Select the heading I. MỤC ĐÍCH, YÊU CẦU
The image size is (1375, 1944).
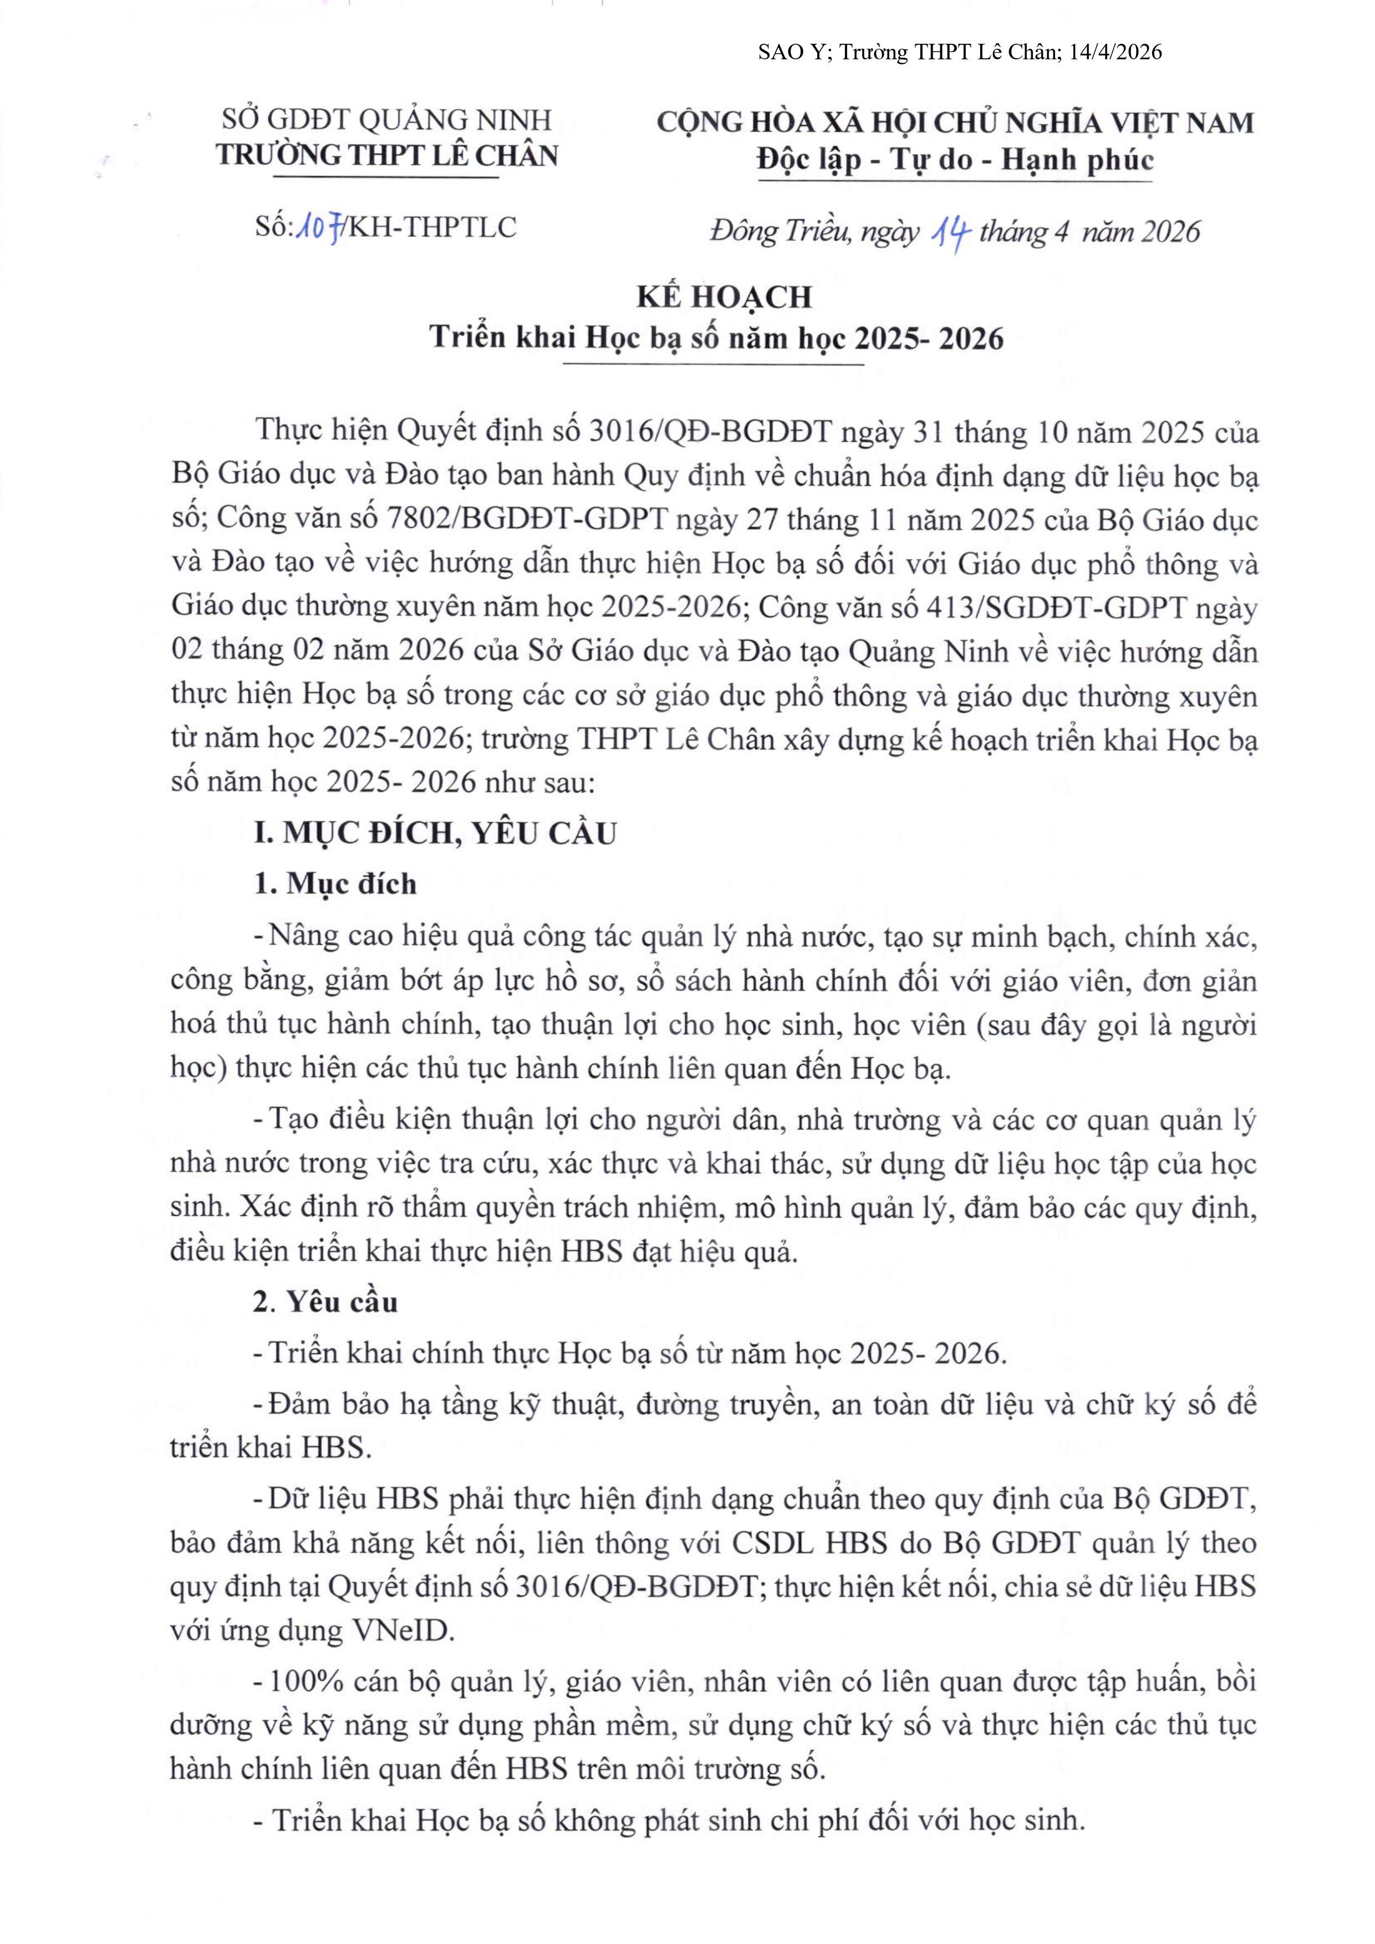tap(435, 833)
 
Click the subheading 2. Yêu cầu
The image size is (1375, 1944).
tap(326, 1301)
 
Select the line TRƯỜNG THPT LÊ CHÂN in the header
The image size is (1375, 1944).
tap(386, 156)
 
